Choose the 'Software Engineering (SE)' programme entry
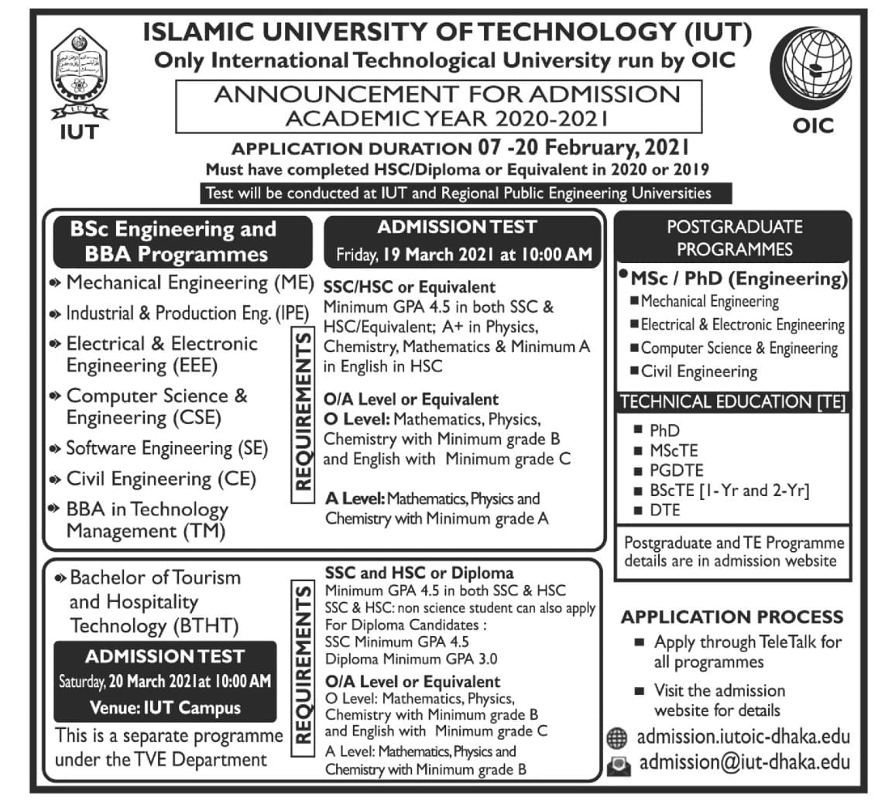[166, 448]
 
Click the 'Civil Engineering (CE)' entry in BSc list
[161, 479]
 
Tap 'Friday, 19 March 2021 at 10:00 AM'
[463, 254]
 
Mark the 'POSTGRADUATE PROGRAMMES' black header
[733, 238]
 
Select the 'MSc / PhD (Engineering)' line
[739, 279]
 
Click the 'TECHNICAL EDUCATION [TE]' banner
[732, 402]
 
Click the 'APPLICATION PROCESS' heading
[732, 617]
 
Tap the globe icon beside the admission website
[617, 737]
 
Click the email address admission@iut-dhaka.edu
[744, 762]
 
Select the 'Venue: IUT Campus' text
[165, 707]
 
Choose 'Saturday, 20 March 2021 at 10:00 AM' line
[165, 682]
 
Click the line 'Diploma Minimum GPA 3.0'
[411, 659]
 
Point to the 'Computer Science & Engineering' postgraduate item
[739, 348]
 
